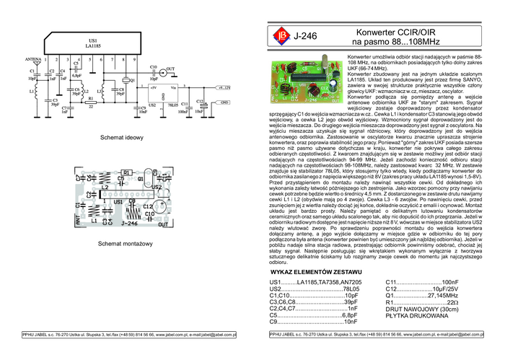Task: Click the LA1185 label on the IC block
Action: pyautogui.click(x=92, y=45)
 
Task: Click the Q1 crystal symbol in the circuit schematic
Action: pyautogui.click(x=123, y=80)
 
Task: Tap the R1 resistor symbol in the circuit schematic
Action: pyautogui.click(x=91, y=103)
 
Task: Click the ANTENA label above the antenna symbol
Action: pyautogui.click(x=33, y=58)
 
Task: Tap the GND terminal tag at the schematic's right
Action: pyautogui.click(x=204, y=102)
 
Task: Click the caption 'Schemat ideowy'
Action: pyautogui.click(x=120, y=136)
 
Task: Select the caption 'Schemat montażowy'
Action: pyautogui.click(x=120, y=243)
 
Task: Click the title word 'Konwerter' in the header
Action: pyautogui.click(x=378, y=32)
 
